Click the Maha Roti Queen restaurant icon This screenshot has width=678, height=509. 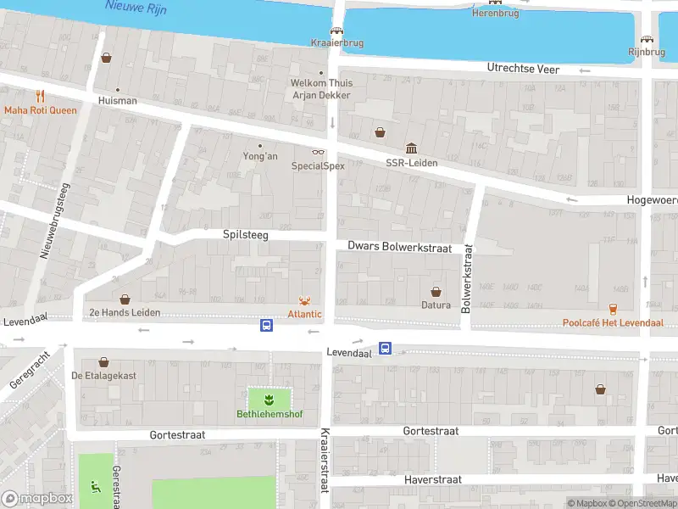click(x=39, y=97)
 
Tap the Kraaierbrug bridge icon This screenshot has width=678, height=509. click(x=336, y=31)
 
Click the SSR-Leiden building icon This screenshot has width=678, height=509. click(x=411, y=148)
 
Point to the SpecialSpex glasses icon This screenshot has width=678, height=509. click(x=319, y=152)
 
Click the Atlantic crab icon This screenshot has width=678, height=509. click(x=304, y=300)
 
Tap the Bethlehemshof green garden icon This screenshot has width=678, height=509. click(x=269, y=399)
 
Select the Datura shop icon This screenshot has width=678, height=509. click(x=436, y=291)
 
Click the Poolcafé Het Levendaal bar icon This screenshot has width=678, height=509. click(x=613, y=309)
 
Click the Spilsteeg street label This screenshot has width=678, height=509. click(x=245, y=234)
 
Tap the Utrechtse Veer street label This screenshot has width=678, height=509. click(x=523, y=68)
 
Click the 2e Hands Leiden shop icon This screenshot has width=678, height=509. click(x=125, y=299)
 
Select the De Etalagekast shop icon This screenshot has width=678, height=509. click(x=103, y=361)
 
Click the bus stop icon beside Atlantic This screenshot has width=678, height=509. click(x=266, y=325)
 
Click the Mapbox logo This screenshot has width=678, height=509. click(x=36, y=498)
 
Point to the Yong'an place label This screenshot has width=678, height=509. click(x=260, y=156)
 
